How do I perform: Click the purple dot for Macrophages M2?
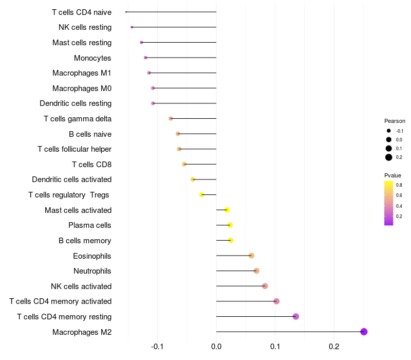364,332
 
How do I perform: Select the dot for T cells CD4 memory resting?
295,316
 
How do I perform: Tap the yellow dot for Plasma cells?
230,225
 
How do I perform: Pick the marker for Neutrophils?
256,271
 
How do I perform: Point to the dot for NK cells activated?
265,286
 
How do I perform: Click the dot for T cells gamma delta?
171,119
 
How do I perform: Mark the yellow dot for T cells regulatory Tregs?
202,195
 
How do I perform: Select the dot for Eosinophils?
251,256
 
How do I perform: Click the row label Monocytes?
92,58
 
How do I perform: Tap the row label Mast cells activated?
78,210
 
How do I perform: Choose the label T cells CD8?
91,165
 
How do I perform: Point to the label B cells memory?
85,241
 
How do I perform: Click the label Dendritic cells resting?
76,103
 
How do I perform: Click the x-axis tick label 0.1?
275,347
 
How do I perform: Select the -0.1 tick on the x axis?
157,347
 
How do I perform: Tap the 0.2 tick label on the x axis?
334,347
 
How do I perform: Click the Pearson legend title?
395,121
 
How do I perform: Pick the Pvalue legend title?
393,175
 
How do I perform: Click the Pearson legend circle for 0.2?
389,157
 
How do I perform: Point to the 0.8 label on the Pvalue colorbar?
399,185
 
